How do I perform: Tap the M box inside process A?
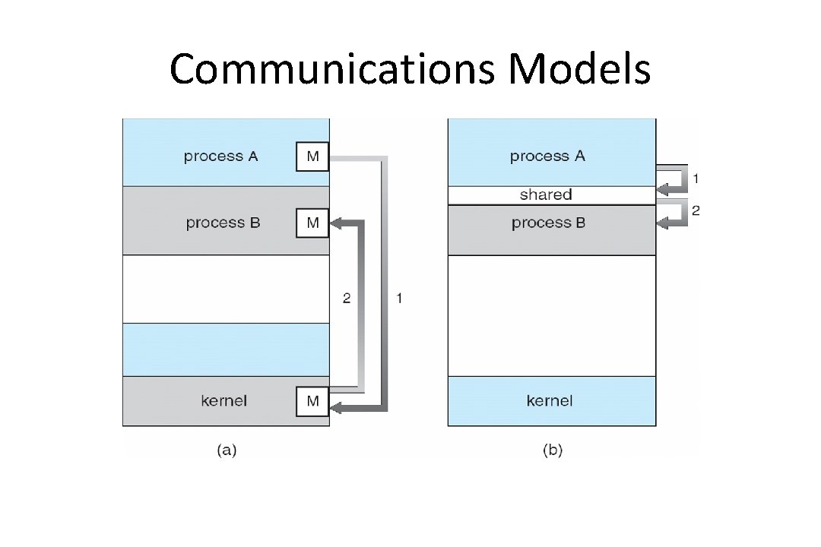312,157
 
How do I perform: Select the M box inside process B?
312,223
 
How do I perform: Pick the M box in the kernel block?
312,401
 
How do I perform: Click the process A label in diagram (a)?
221,157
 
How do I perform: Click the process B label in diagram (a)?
223,223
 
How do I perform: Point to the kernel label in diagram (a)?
223,401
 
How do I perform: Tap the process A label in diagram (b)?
547,157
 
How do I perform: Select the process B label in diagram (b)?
549,223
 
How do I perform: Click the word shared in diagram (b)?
546,195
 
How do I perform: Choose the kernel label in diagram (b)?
550,401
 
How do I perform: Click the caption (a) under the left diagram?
227,451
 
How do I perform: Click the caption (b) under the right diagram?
553,451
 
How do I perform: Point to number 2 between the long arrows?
347,299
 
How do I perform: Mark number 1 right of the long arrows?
400,299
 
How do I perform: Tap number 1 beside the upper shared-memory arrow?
695,179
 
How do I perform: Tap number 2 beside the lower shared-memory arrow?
695,210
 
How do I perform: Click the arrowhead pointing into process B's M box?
337,223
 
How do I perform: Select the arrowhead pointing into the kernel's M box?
337,409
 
